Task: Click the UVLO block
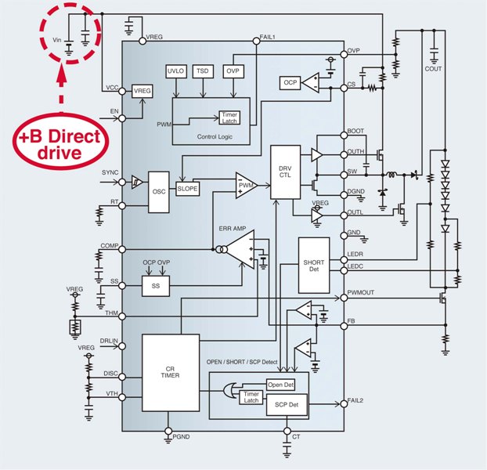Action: click(x=175, y=71)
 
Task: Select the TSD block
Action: click(x=204, y=71)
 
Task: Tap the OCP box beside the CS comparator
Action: click(x=290, y=82)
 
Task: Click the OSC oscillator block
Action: click(x=159, y=191)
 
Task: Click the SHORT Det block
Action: click(x=313, y=267)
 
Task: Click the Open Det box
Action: click(x=281, y=385)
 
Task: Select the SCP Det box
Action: click(x=281, y=404)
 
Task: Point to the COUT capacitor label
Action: click(x=433, y=69)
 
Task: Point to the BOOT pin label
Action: click(x=355, y=131)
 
